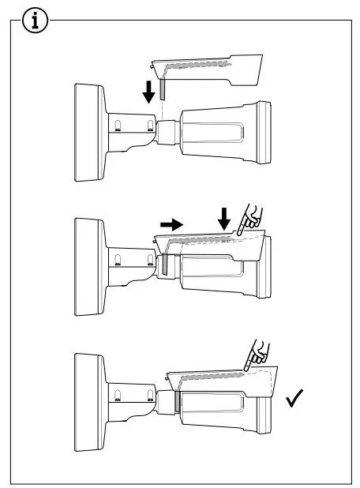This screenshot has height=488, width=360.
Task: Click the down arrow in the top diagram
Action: pos(148,92)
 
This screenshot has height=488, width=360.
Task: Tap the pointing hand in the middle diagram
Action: pos(253,215)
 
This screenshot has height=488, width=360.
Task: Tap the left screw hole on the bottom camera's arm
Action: pos(117,395)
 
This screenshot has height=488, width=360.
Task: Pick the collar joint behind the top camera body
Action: pos(167,130)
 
